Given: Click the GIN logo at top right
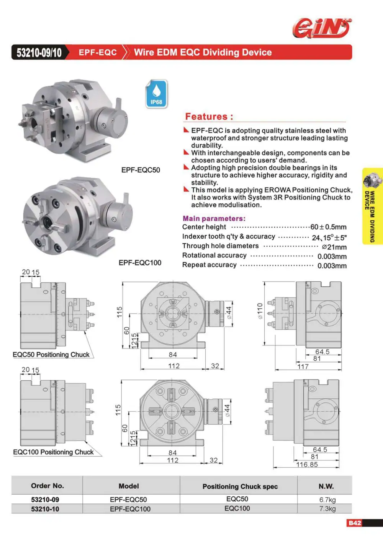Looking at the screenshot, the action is coord(322,29).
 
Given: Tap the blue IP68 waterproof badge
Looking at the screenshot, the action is coord(156,94).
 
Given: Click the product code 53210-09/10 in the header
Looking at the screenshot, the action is coord(39,52).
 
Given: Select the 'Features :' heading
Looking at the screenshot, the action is coord(209,117).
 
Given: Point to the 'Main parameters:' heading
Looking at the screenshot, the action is coord(214,218).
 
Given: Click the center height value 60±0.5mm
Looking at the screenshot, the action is coord(328,227).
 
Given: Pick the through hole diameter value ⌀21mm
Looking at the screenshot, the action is coord(334,247).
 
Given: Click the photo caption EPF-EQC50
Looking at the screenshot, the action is coord(141,170).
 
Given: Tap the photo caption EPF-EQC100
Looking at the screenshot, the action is coord(140,262).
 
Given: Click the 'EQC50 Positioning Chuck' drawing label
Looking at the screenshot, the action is coord(51,355).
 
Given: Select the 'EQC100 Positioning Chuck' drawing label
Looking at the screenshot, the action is coord(53,452).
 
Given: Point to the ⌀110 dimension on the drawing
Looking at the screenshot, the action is coord(260,311).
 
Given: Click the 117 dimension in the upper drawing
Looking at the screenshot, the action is coord(303,366).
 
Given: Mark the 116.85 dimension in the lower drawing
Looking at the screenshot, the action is coord(307,464).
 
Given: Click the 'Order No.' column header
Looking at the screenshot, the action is coord(47,486).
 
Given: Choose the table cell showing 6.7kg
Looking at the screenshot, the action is coord(327,500).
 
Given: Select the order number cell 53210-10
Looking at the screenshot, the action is coord(45,509).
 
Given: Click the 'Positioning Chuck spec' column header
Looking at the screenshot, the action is coord(240,487).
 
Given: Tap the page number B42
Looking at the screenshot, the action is coord(355,523).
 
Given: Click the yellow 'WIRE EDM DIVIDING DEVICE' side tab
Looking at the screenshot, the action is coord(373,206).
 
